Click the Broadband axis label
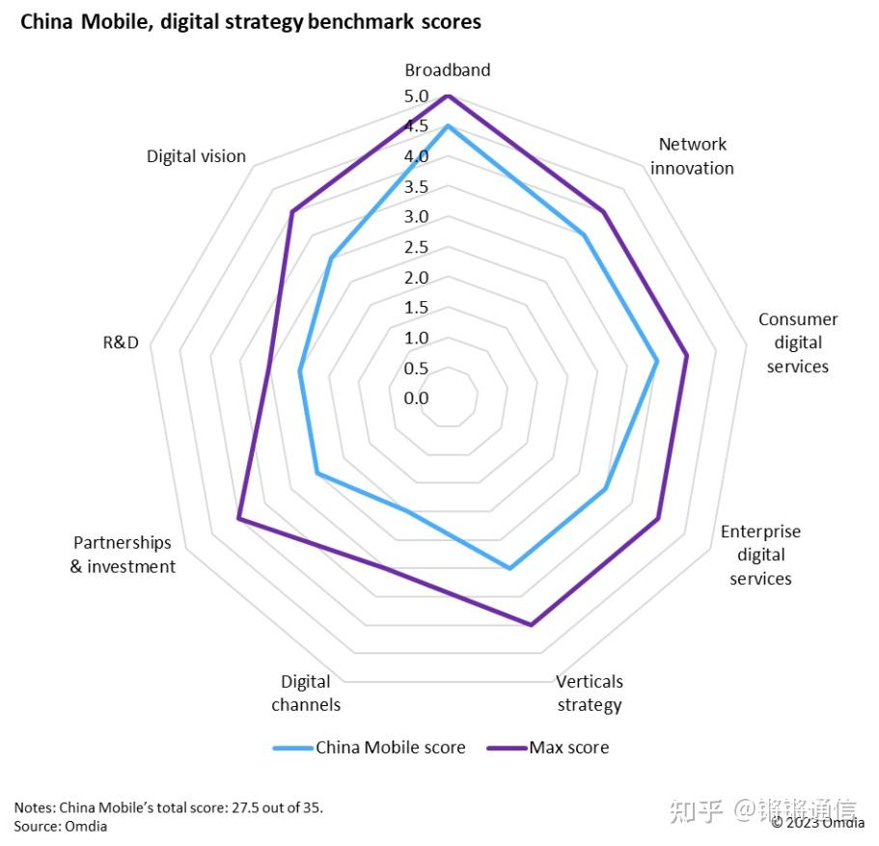(447, 69)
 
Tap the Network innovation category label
(692, 156)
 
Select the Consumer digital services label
(798, 342)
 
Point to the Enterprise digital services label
(760, 555)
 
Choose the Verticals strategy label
(590, 693)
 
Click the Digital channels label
(306, 693)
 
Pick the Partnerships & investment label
(123, 555)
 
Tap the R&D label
(121, 342)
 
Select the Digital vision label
(196, 156)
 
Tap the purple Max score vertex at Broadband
(447, 96)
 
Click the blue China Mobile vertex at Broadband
(447, 126)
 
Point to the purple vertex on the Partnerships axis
(238, 521)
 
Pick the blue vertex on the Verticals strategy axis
(510, 569)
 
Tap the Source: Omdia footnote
(61, 827)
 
